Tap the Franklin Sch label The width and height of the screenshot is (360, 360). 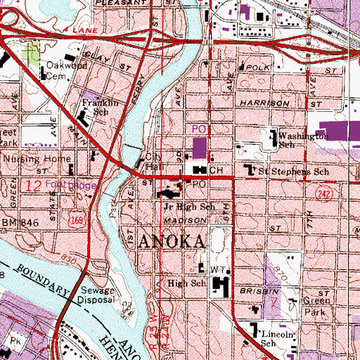(95, 105)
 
